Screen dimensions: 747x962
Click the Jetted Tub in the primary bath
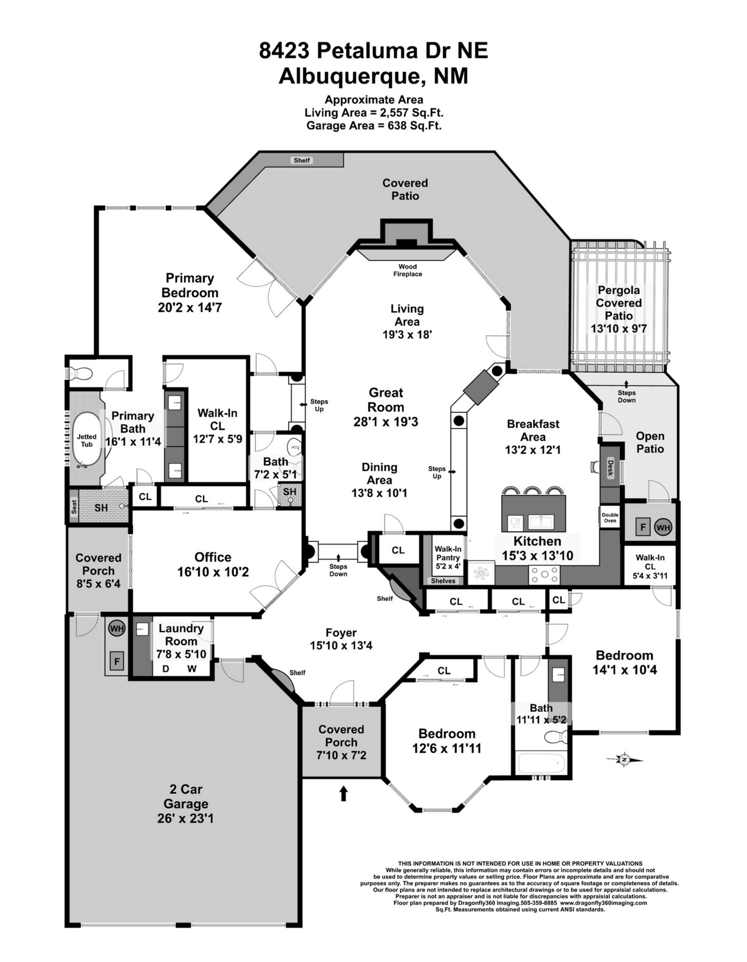(x=87, y=440)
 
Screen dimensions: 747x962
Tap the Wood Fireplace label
(x=408, y=270)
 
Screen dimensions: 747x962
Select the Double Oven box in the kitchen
(x=610, y=518)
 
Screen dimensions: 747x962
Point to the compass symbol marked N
(x=624, y=759)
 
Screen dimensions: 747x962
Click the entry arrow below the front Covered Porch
(x=343, y=793)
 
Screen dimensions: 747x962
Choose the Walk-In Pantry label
(x=448, y=557)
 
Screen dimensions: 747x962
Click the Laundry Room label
(x=181, y=634)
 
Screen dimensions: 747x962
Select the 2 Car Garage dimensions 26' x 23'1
(x=185, y=818)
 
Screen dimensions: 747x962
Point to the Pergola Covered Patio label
(x=619, y=303)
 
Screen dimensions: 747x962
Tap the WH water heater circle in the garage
(x=116, y=628)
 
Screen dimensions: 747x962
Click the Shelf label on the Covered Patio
(x=302, y=160)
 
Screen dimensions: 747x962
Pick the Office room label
(x=213, y=557)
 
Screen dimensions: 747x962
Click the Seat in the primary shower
(x=74, y=507)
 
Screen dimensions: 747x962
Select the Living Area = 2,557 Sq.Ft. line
(x=374, y=113)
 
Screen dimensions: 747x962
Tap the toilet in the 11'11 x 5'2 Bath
(x=556, y=736)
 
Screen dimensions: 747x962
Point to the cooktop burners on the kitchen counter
(x=544, y=574)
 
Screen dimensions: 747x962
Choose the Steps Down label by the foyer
(x=338, y=570)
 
